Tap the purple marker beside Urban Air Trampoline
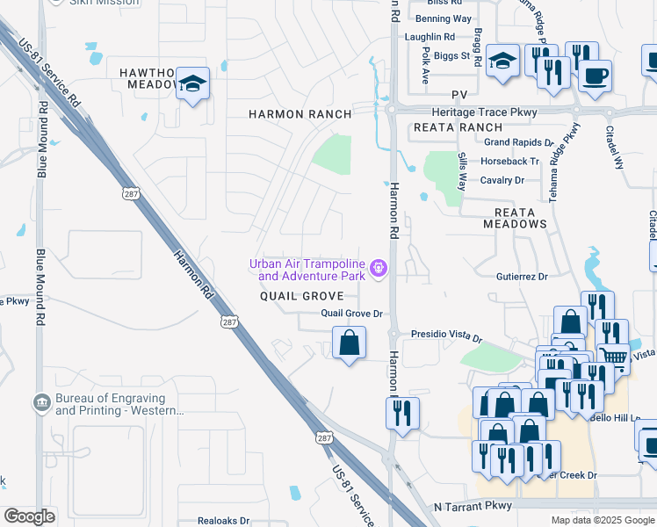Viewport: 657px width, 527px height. pos(379,268)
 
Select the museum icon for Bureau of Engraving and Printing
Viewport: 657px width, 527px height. pos(41,403)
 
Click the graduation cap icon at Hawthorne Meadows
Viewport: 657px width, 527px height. pos(192,84)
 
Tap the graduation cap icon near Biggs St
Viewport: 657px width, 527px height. pos(502,61)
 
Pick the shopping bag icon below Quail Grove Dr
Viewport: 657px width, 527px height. pos(349,342)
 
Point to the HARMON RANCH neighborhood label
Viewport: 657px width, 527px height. pos(300,114)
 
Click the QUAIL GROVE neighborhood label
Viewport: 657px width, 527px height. pos(301,296)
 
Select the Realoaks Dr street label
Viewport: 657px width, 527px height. pos(224,520)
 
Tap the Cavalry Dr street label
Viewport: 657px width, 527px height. pos(502,180)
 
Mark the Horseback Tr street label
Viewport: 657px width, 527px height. pos(509,161)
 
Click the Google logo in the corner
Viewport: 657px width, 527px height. pos(29,516)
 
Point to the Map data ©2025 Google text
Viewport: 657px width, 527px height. pos(602,520)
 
